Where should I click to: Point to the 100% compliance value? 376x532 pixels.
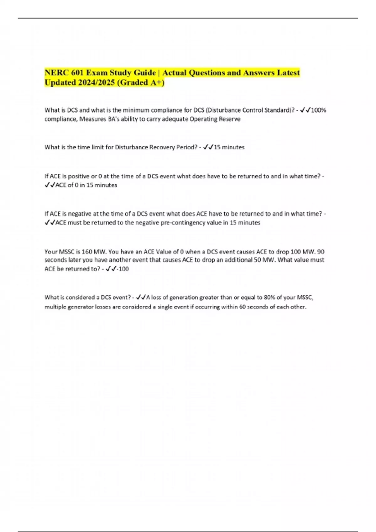pyautogui.click(x=318, y=110)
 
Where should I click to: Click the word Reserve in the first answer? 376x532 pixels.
pyautogui.click(x=230, y=119)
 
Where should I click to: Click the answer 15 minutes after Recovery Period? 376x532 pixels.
pyautogui.click(x=229, y=147)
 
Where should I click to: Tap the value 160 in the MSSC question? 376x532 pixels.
pyautogui.click(x=86, y=252)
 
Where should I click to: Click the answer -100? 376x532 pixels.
pyautogui.click(x=123, y=269)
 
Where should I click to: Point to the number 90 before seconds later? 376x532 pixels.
pyautogui.click(x=321, y=252)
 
